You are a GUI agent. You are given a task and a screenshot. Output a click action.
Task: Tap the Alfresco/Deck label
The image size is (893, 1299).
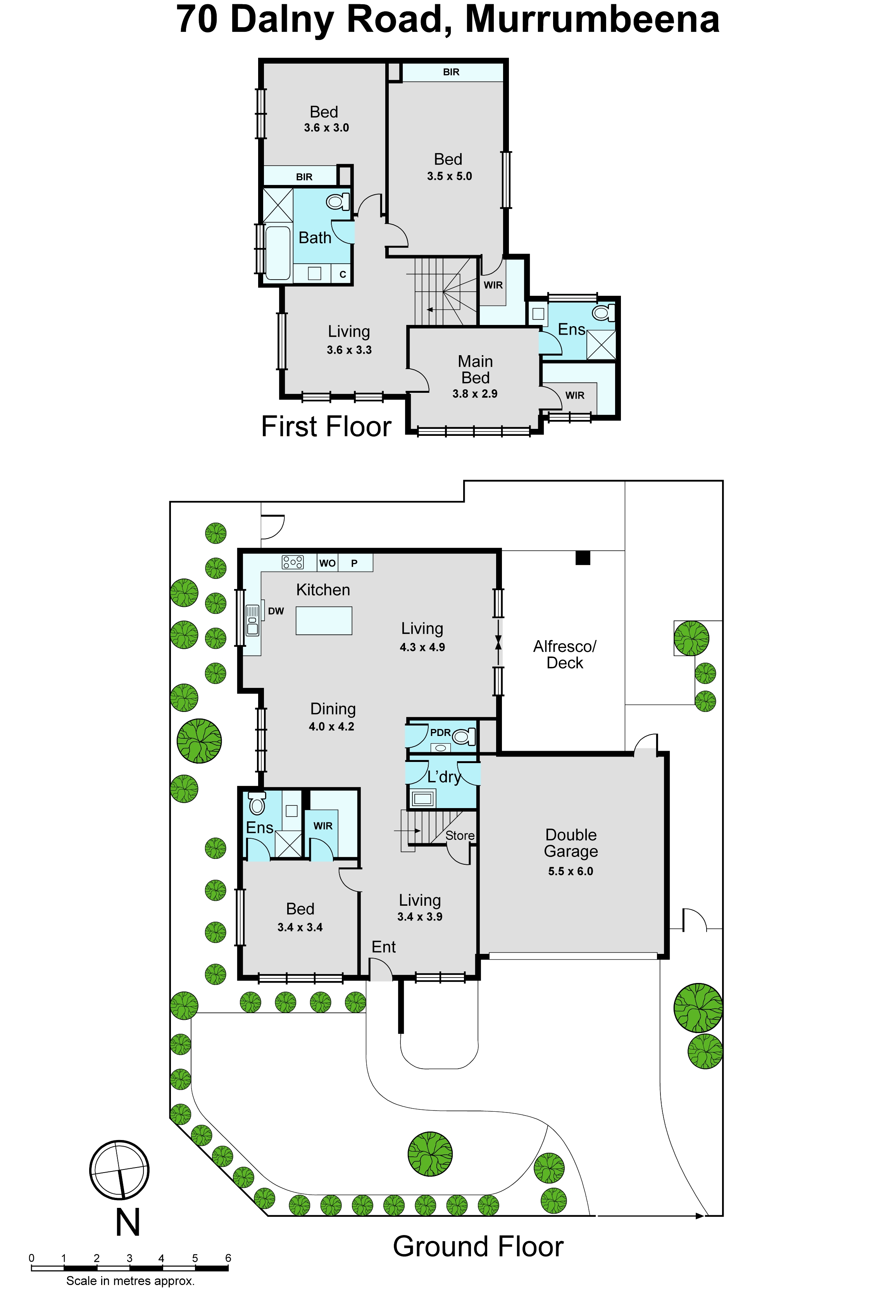(565, 655)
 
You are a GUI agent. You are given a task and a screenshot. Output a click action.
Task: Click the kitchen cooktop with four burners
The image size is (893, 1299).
(293, 562)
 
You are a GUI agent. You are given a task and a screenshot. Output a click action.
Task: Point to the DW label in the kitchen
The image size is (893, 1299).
(276, 611)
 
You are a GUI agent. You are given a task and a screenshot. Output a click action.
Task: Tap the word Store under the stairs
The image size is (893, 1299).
(460, 836)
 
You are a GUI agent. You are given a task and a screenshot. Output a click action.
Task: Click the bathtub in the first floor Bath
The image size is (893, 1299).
(278, 252)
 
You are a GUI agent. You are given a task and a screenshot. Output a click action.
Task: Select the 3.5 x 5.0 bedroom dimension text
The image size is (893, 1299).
(449, 176)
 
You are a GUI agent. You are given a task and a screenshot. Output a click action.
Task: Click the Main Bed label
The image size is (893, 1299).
(475, 370)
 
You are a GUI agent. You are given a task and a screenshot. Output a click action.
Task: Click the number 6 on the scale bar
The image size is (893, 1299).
(228, 1258)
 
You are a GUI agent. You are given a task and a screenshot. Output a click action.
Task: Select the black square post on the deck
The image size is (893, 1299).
(583, 558)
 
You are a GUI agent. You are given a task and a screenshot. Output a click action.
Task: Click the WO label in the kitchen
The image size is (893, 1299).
(328, 563)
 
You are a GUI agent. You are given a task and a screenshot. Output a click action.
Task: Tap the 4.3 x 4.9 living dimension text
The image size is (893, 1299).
(422, 648)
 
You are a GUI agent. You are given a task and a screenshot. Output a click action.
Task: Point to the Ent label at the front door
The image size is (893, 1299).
(383, 947)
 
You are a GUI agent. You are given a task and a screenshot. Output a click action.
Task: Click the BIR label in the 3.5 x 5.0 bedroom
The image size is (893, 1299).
(451, 72)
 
